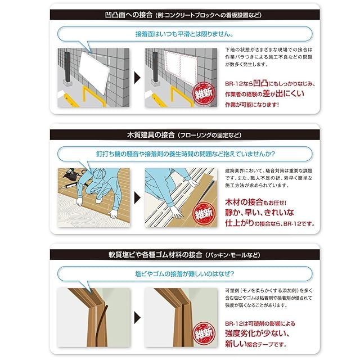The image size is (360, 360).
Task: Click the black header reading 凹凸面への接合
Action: [129, 15]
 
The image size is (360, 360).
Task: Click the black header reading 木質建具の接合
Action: [151, 135]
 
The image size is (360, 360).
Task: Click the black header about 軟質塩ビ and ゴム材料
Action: [155, 255]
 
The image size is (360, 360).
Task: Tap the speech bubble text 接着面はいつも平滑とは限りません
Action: [184, 34]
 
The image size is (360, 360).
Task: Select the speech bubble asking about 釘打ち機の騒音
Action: [185, 154]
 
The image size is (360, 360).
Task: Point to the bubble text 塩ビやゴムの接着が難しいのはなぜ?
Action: [184, 274]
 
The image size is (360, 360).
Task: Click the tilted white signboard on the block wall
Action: [94, 71]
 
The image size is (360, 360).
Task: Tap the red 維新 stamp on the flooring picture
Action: [204, 213]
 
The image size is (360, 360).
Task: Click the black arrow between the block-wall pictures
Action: [137, 78]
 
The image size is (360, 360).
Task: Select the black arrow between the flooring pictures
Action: [137, 198]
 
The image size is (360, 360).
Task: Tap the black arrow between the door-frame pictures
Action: [137, 318]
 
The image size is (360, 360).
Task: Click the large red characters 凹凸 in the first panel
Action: [260, 83]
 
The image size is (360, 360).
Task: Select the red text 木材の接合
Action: [244, 202]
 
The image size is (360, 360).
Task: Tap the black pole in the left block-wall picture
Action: [67, 67]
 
